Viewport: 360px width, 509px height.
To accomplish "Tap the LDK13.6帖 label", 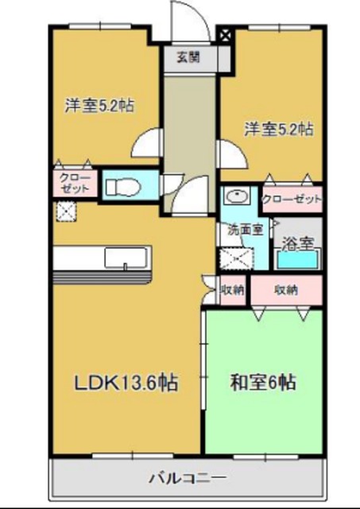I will [126, 383].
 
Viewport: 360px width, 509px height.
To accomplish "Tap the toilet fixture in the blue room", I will [122, 186].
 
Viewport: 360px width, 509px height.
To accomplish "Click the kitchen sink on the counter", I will [127, 258].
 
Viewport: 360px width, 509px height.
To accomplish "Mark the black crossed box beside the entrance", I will [225, 35].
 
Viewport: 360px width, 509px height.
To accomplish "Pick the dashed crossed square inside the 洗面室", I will [234, 258].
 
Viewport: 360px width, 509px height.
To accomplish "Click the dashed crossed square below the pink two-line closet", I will [65, 212].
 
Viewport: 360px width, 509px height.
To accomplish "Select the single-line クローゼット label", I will [292, 199].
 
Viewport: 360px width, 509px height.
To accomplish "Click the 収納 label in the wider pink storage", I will [286, 290].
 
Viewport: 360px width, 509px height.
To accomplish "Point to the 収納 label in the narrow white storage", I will [233, 290].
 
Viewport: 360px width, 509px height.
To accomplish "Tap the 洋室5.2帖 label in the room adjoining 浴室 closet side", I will [277, 128].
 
